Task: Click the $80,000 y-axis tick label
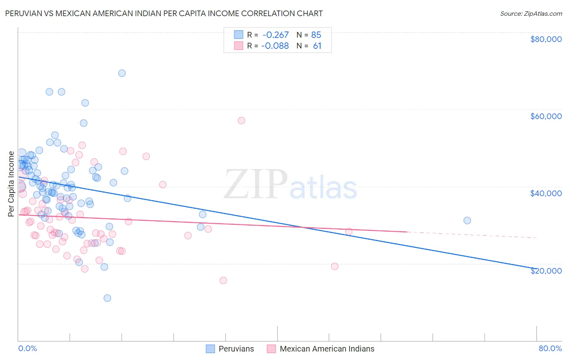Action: [x=546, y=39]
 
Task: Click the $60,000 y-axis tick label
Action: [x=546, y=116]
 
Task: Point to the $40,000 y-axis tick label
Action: [x=546, y=193]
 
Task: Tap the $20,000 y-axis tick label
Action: [x=546, y=270]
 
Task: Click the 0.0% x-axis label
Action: [x=27, y=348]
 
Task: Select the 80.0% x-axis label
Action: [x=550, y=348]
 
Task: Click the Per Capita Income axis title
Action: [x=11, y=184]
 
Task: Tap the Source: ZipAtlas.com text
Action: [x=531, y=13]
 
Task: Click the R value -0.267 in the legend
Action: [x=275, y=35]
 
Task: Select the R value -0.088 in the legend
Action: [x=275, y=46]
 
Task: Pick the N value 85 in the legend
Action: [x=316, y=35]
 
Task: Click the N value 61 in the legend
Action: [x=317, y=46]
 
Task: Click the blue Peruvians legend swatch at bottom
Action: [x=210, y=349]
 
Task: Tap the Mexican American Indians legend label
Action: [x=327, y=349]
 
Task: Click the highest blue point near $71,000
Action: [x=122, y=73]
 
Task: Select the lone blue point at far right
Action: [x=467, y=220]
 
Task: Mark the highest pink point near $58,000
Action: [x=241, y=120]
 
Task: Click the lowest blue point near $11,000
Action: [x=107, y=298]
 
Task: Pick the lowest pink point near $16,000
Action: [x=223, y=280]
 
